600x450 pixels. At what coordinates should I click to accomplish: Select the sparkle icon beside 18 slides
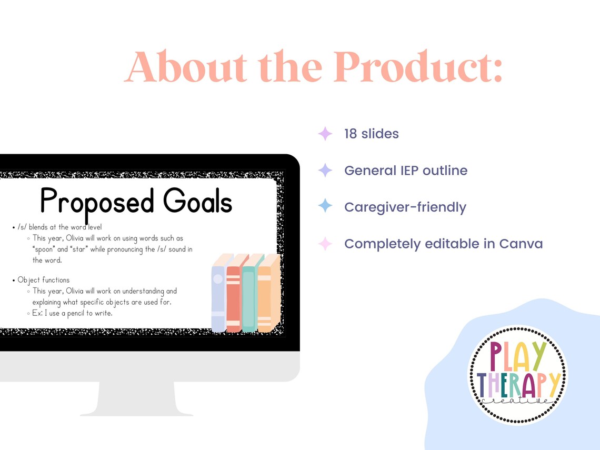325,134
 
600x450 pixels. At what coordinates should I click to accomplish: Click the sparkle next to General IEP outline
325,171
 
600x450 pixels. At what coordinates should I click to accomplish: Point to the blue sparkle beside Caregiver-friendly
325,206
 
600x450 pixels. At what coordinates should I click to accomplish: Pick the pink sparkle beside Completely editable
325,244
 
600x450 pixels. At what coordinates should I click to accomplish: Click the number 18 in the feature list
351,134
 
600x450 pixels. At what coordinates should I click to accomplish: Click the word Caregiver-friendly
405,207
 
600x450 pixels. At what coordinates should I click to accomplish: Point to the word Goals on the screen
197,202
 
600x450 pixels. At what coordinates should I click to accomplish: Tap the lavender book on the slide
218,296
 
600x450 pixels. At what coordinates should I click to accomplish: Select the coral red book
234,296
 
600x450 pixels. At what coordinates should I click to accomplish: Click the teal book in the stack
249,296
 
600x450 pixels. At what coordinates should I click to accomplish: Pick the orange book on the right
265,296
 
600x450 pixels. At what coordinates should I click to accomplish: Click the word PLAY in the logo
517,356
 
